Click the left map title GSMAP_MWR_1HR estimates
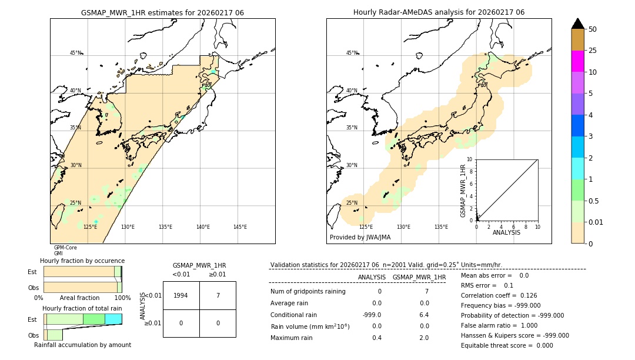[162, 12]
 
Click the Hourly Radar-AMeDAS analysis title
[439, 12]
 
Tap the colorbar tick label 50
[593, 29]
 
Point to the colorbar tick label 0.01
[596, 222]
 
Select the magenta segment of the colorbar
[578, 61]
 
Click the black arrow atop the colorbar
[578, 24]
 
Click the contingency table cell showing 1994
[181, 295]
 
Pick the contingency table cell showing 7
[218, 295]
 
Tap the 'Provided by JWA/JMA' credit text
[360, 238]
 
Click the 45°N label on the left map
[75, 53]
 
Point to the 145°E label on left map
[240, 227]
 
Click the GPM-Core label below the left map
[65, 248]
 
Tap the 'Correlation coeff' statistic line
[499, 295]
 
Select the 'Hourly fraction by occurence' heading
[82, 261]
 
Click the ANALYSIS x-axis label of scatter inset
[506, 232]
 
